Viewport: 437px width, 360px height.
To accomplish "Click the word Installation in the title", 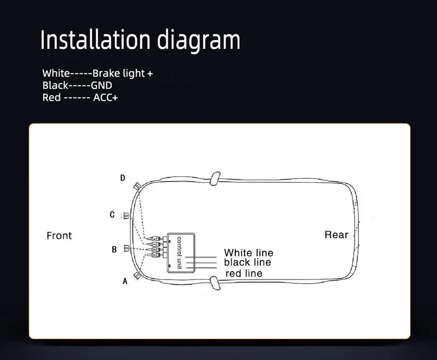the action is [96, 40].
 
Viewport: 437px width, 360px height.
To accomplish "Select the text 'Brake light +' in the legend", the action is [123, 73].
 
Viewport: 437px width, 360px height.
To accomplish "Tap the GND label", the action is [102, 85].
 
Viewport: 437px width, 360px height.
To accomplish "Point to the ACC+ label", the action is [106, 98].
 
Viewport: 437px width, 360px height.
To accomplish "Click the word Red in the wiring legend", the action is [52, 98].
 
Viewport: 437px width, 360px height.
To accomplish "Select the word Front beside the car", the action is [59, 236].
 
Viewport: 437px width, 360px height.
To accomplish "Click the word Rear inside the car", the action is [337, 235].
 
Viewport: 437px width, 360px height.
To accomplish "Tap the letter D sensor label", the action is [123, 178].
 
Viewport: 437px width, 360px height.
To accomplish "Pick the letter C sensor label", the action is [112, 214].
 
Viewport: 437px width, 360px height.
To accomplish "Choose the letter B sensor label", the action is [114, 249].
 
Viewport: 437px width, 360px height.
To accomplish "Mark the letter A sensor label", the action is [125, 281].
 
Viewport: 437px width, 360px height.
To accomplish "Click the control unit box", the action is [181, 253].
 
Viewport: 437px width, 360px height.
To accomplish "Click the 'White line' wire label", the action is [249, 253].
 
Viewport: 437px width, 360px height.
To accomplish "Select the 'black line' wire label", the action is [247, 262].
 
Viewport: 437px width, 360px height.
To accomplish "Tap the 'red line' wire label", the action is [244, 273].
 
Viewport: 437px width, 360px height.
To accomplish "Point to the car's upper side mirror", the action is [215, 179].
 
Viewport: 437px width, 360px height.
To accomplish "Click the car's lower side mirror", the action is [215, 283].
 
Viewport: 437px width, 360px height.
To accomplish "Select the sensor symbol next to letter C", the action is [126, 215].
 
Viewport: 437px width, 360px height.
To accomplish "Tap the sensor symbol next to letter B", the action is [127, 248].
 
